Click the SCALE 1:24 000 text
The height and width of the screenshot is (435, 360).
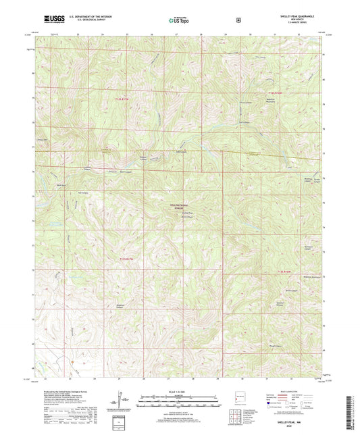tap(180, 391)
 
